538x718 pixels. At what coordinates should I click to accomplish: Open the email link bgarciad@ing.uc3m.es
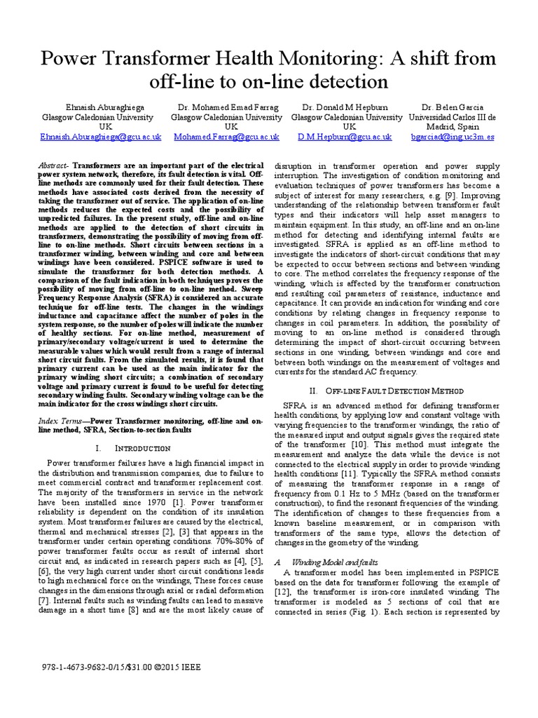[453, 137]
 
